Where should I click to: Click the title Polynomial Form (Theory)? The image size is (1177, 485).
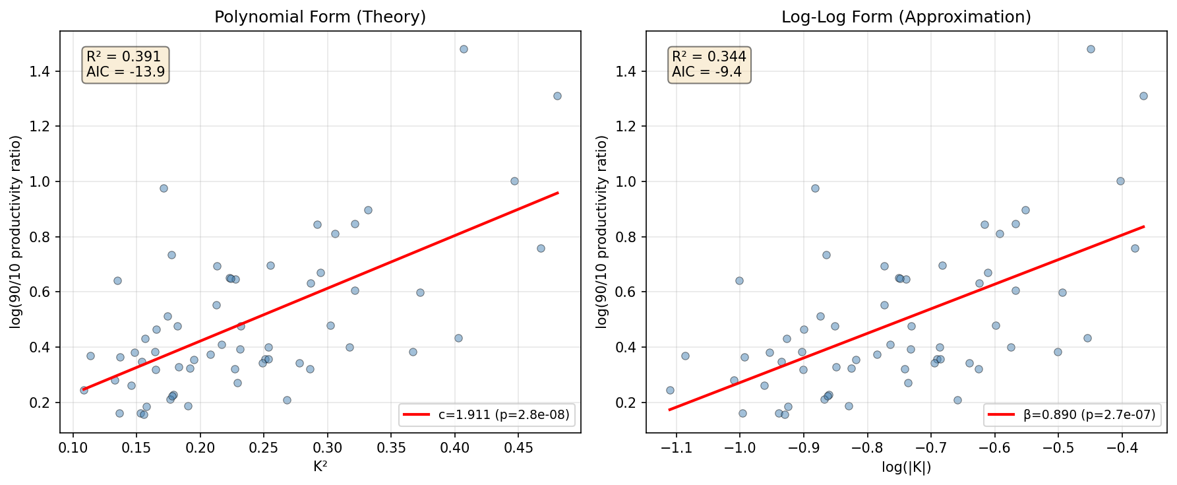click(x=320, y=17)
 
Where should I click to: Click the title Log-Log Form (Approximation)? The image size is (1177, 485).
click(x=906, y=17)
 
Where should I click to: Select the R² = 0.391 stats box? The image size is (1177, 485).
click(x=125, y=65)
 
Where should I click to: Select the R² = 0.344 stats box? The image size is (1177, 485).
click(x=709, y=65)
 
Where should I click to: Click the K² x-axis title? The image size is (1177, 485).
click(x=320, y=467)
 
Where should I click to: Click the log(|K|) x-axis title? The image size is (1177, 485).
click(x=906, y=467)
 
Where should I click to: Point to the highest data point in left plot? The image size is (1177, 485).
click(x=464, y=49)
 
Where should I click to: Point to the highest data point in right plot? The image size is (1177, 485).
click(x=1091, y=49)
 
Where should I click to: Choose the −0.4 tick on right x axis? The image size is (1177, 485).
click(x=1122, y=448)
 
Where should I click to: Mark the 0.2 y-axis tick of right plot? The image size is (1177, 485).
click(x=626, y=403)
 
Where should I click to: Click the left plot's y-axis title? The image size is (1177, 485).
click(x=16, y=232)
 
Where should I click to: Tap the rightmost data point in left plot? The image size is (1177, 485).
click(x=557, y=96)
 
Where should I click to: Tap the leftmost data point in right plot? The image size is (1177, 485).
click(x=670, y=390)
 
